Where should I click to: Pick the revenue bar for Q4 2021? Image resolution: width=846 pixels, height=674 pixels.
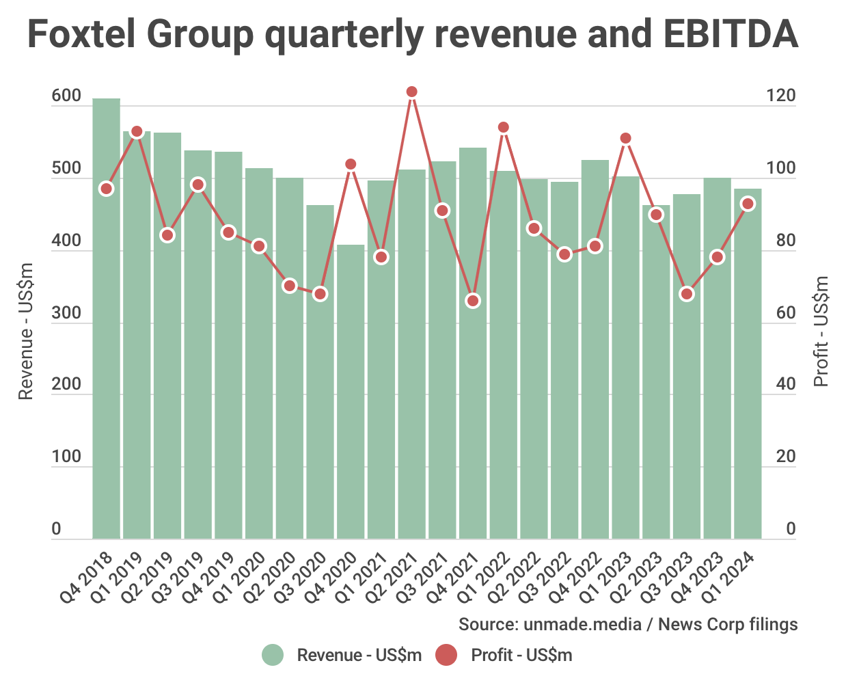473,342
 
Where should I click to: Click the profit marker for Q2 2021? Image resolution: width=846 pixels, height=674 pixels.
411,92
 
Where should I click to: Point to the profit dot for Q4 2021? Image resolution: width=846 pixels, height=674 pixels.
473,301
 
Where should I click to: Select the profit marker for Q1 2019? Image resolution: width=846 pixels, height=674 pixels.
137,132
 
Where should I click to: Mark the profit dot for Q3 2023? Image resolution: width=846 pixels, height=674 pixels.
687,294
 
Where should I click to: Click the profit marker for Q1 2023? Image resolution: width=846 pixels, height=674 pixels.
625,139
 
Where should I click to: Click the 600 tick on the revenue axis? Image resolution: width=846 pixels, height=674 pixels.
66,96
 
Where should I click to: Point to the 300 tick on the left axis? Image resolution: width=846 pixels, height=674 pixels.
66,313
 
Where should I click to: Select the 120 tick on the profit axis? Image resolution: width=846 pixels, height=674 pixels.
781,96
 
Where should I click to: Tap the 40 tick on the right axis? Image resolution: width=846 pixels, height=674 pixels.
786,385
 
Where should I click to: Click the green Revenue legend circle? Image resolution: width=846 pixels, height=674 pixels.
273,655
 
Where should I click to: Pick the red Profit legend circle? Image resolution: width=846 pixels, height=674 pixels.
446,655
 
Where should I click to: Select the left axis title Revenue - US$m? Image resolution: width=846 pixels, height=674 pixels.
26,332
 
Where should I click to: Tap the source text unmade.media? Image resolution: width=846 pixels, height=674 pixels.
582,624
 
